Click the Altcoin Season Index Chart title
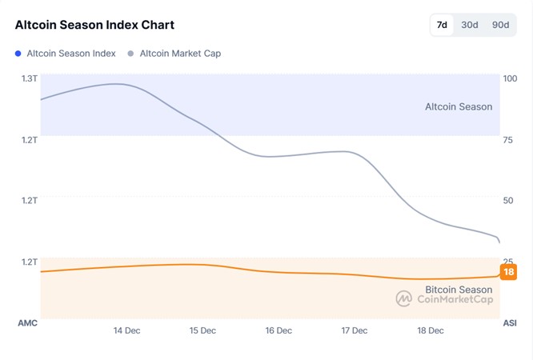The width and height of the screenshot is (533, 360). (94, 25)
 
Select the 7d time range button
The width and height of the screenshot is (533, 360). (442, 25)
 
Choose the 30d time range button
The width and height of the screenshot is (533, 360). (470, 25)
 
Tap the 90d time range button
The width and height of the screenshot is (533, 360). (500, 25)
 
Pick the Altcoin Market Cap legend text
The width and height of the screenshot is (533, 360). (180, 54)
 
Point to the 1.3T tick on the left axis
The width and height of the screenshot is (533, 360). (30, 78)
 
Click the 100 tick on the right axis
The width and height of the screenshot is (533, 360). (510, 78)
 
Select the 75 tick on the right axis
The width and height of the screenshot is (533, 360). (507, 139)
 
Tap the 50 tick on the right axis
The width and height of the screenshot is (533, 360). (507, 200)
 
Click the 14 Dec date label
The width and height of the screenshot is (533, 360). (127, 330)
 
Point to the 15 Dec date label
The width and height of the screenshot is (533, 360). (202, 330)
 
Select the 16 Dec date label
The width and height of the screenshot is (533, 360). (279, 330)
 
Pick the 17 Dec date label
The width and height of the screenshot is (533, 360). (355, 330)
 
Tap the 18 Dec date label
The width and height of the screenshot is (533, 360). (431, 330)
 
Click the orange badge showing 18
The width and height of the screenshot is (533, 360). (508, 272)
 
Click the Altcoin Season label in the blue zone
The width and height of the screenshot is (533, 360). (459, 106)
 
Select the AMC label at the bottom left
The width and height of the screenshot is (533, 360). (28, 322)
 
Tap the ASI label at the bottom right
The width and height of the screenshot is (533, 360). (509, 322)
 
